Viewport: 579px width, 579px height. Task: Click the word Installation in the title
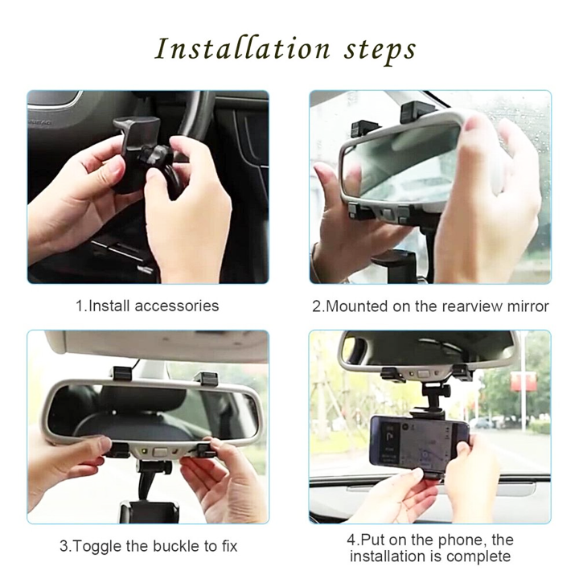tap(242, 48)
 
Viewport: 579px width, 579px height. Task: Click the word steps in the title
tap(380, 51)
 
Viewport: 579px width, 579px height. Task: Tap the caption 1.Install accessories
tap(147, 306)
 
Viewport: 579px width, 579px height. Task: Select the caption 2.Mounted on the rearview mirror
tap(430, 306)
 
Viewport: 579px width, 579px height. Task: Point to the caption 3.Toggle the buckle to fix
tap(149, 546)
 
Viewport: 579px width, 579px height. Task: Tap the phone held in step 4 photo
tap(420, 441)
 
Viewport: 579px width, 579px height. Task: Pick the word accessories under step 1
tap(177, 306)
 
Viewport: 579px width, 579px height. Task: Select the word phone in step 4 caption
tap(460, 540)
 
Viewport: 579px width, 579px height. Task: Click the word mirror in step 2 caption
tap(528, 306)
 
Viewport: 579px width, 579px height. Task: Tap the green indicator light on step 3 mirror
tap(145, 451)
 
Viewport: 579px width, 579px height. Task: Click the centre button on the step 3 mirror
tap(159, 452)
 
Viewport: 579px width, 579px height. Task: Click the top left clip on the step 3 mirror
tap(122, 373)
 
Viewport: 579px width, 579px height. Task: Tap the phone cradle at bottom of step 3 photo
tap(150, 511)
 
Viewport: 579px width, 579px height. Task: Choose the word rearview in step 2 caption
tap(466, 306)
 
